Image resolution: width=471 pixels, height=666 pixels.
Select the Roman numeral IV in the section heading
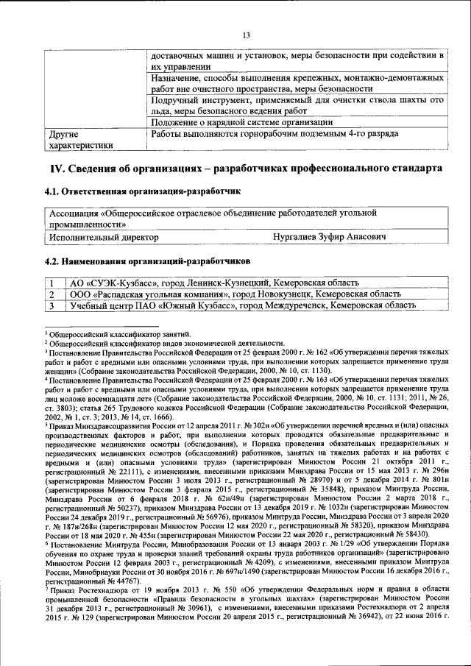(58, 169)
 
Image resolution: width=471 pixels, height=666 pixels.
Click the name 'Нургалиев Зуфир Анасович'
(330, 238)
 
